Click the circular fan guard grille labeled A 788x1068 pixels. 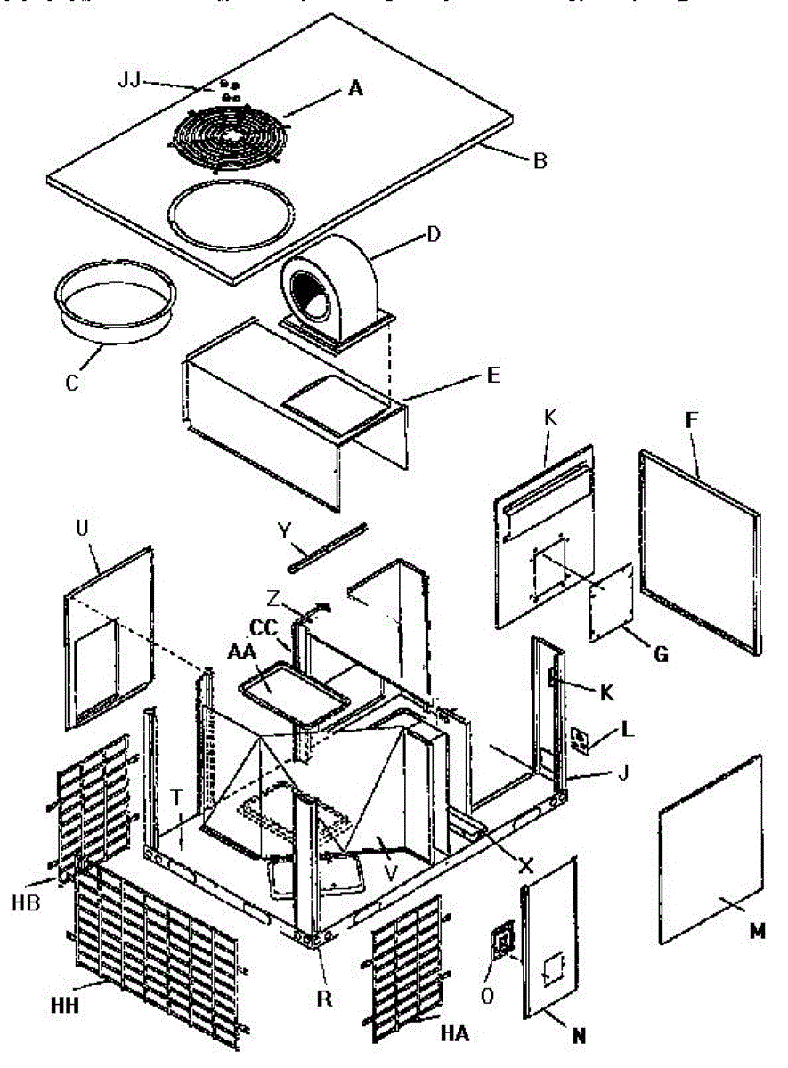click(230, 133)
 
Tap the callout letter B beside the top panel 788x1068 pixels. click(540, 162)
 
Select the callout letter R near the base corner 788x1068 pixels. click(325, 999)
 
